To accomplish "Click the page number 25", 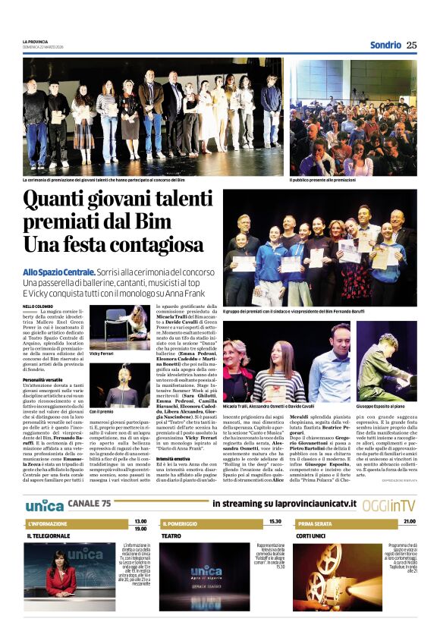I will [411, 45].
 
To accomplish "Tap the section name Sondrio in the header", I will [385, 45].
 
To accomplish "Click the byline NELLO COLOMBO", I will [39, 306].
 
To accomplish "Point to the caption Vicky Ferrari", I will [101, 353].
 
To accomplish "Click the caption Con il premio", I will [101, 411].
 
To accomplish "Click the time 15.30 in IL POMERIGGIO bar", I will [275, 522].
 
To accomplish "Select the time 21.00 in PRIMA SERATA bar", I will [410, 522].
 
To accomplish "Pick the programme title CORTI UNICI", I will [311, 536].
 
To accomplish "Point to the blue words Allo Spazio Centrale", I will [59, 271].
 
